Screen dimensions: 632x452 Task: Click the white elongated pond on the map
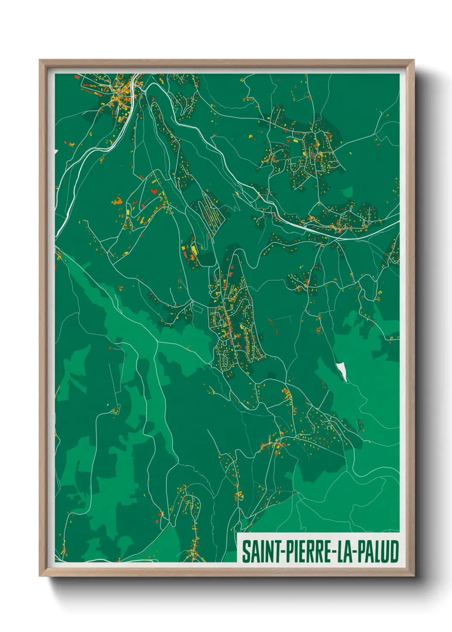(341, 371)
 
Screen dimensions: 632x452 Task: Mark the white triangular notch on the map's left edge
(56, 152)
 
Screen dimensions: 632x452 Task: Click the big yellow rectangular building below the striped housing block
(193, 249)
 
